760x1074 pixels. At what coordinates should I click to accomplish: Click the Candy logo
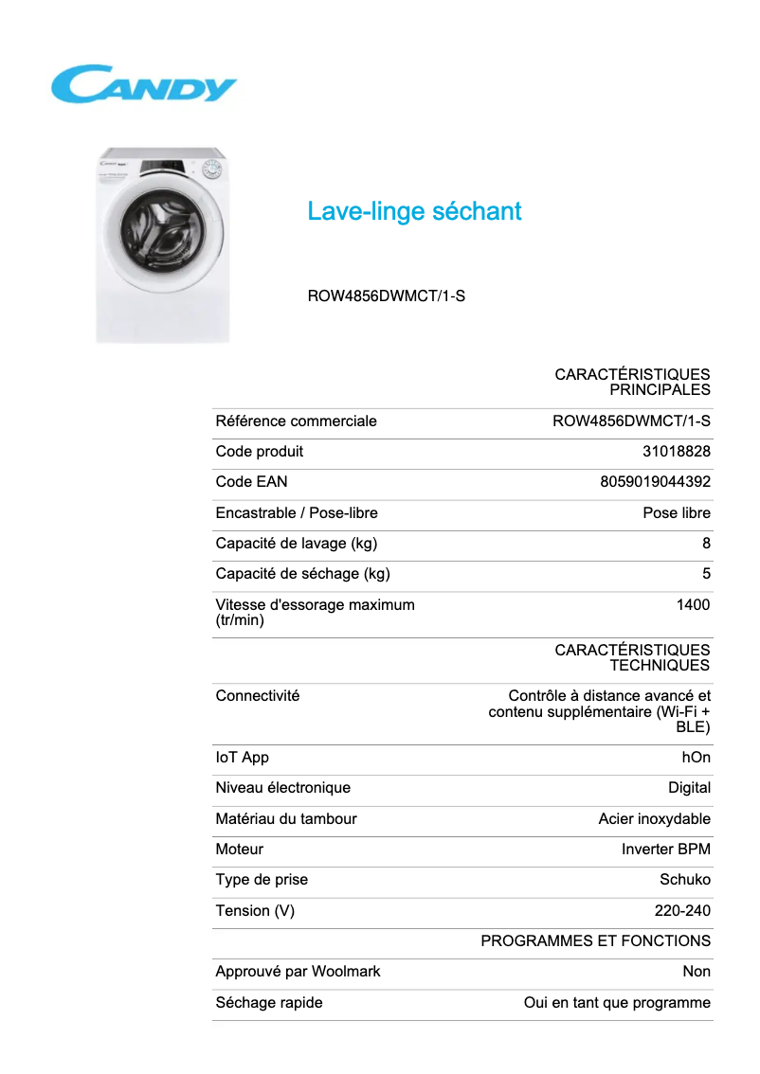point(143,83)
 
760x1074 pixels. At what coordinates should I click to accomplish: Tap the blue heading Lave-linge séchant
point(414,211)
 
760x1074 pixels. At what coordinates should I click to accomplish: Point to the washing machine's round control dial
point(213,171)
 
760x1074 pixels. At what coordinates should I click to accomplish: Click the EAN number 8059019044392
point(655,482)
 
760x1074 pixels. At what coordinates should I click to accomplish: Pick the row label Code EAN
point(251,482)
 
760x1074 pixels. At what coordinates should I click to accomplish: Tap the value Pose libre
point(676,513)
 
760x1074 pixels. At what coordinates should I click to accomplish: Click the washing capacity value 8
point(706,544)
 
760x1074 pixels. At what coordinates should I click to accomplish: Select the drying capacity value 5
point(706,574)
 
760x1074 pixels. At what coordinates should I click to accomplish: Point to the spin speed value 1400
point(693,605)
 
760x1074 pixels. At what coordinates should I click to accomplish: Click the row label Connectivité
point(257,696)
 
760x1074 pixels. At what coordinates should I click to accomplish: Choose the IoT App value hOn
point(696,758)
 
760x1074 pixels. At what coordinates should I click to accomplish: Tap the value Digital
point(689,788)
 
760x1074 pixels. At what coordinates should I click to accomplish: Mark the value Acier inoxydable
point(654,819)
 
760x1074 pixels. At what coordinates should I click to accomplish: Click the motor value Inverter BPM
point(665,850)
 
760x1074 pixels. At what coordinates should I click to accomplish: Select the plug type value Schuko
point(684,880)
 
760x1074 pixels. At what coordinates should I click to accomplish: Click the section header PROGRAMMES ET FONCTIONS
point(595,941)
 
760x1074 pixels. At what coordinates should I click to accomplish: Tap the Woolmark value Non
point(697,972)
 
